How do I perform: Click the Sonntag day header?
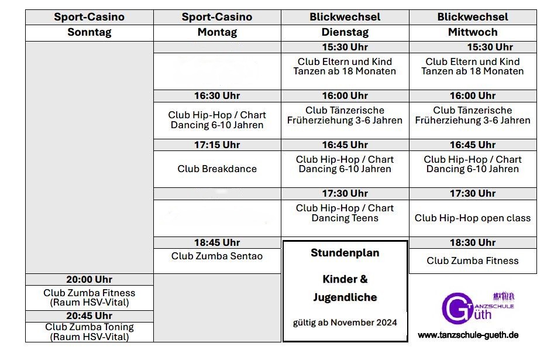click(90, 32)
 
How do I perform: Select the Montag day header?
click(217, 32)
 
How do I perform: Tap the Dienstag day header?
click(345, 32)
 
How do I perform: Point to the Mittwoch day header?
click(473, 32)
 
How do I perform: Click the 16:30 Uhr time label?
click(217, 96)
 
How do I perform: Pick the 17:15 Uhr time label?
click(217, 145)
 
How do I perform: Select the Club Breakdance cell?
click(217, 169)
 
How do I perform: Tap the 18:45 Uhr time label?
click(217, 242)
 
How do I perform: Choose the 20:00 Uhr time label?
click(90, 279)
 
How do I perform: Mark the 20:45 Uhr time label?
click(90, 316)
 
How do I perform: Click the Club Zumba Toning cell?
click(90, 332)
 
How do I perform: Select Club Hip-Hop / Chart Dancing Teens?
click(345, 213)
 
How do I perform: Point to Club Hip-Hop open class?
click(473, 218)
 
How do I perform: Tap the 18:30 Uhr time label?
click(473, 242)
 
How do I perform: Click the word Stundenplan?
click(345, 253)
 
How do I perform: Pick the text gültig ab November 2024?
click(345, 323)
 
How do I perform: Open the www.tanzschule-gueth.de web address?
click(468, 335)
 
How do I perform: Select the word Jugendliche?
click(345, 297)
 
